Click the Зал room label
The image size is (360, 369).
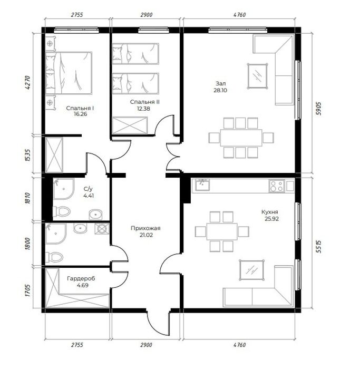221,83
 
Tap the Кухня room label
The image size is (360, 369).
270,212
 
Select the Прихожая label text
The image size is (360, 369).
145,228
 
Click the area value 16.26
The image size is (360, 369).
80,114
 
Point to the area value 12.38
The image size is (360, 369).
143,109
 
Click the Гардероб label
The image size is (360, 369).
81,279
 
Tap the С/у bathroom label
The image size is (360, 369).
88,189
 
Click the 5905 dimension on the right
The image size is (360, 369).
318,108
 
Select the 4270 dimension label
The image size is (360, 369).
27,82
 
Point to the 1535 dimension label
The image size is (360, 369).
27,155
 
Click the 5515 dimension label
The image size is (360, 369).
318,246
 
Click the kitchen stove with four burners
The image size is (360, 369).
277,186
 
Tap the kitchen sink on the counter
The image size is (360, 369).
202,184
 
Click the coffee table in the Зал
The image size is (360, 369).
258,76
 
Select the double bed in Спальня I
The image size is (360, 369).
69,73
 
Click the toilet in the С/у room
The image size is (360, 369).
62,211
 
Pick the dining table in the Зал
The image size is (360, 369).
241,138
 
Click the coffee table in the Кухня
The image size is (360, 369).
251,270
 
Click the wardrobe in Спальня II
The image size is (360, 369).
130,125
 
